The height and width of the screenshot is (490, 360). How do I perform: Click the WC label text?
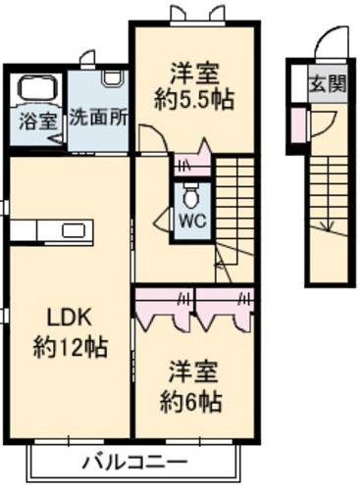tap(193, 221)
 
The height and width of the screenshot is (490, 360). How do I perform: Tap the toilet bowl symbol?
tap(191, 195)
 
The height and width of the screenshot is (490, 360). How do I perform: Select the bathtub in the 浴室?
tap(38, 87)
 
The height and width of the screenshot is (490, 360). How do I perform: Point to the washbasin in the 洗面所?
tap(113, 79)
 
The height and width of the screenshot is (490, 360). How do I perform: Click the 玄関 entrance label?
tap(328, 83)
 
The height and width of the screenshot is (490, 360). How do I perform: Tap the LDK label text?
tap(69, 317)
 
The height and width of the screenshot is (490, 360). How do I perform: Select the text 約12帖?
tap(70, 348)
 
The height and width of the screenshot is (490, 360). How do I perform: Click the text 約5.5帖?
tap(194, 99)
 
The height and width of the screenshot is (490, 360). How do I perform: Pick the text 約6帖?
tap(191, 402)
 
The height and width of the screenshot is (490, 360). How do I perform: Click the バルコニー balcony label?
tap(134, 463)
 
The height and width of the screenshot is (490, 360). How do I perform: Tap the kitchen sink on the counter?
tap(74, 230)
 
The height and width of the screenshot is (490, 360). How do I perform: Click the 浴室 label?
tap(38, 121)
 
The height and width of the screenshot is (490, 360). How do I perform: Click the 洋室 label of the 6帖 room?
tap(193, 372)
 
